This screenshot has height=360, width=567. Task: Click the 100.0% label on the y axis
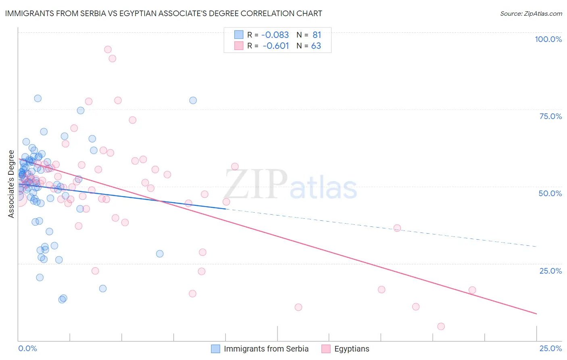(x=548, y=39)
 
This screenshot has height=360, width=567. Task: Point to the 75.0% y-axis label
(x=550, y=116)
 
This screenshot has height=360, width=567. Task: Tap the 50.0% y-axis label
(x=550, y=193)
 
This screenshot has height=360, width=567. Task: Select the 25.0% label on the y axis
(x=550, y=271)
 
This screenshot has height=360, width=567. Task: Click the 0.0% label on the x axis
(x=27, y=348)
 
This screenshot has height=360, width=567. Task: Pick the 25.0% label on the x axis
(x=550, y=348)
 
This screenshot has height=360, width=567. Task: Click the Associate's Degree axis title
(x=11, y=184)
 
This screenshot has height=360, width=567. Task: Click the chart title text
(x=164, y=13)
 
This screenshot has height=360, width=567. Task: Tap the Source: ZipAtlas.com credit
(x=531, y=14)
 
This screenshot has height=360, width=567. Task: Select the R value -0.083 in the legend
(x=275, y=35)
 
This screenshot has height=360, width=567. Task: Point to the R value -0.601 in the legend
(x=275, y=46)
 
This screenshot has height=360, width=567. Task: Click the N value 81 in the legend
(x=317, y=35)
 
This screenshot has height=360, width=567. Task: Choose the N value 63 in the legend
(x=316, y=46)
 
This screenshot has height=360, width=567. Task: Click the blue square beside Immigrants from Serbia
(x=216, y=349)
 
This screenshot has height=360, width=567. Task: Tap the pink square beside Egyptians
(x=326, y=349)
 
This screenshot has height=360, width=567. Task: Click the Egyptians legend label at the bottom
(x=352, y=349)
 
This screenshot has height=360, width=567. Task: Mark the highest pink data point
(x=108, y=50)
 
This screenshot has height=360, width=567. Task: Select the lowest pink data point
(x=441, y=327)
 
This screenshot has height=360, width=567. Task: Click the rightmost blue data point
(x=193, y=100)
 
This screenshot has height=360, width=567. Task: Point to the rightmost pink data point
(x=472, y=290)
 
